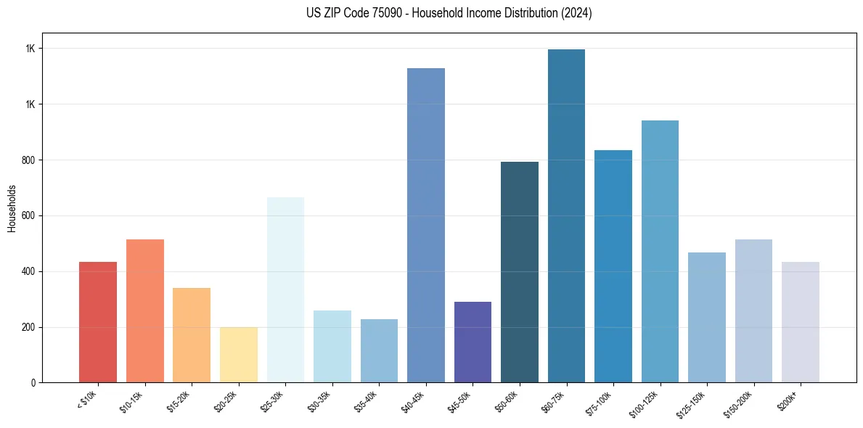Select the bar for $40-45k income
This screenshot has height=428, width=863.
click(426, 226)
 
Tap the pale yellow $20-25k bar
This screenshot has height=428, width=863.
click(239, 355)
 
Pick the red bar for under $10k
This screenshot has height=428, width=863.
click(98, 322)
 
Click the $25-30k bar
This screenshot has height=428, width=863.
click(285, 290)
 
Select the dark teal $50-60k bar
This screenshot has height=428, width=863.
click(520, 272)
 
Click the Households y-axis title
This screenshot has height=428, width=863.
click(12, 207)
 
